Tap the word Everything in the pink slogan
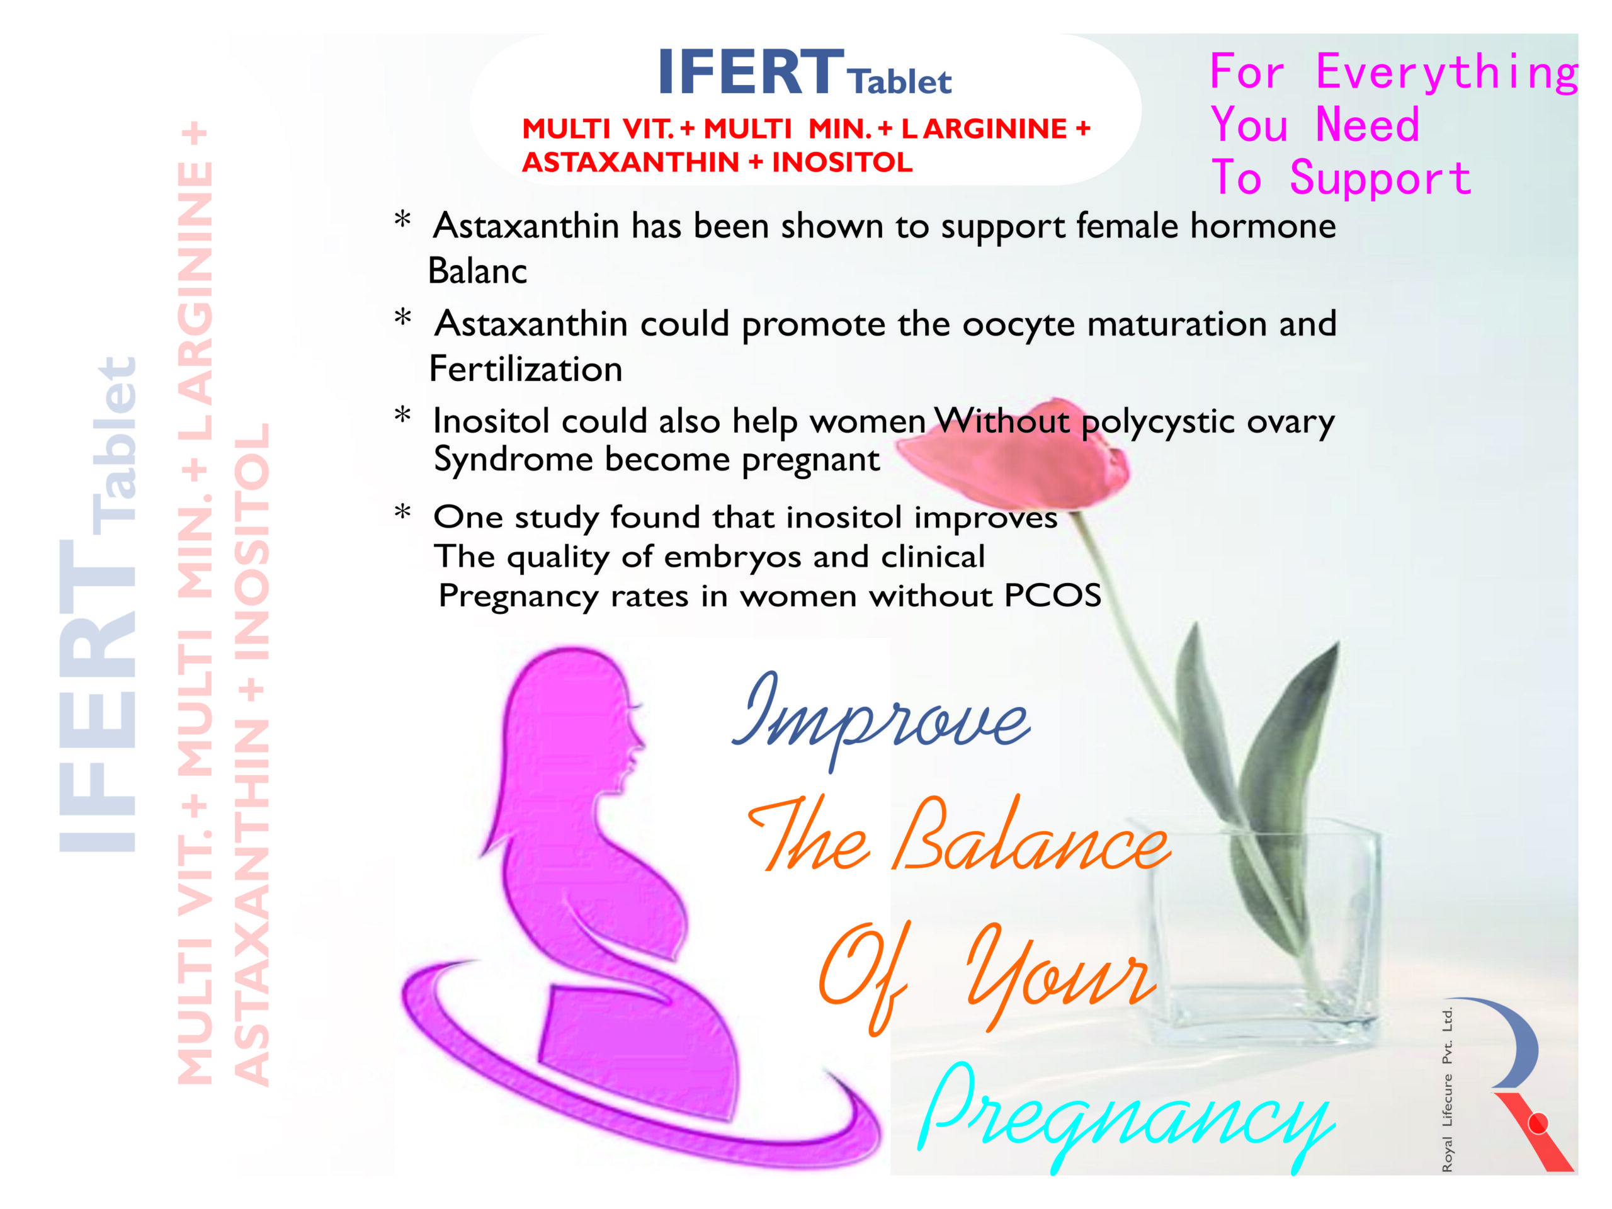(x=1446, y=73)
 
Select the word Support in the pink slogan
(x=1380, y=179)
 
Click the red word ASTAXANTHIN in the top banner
(x=630, y=162)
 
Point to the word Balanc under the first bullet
(x=477, y=271)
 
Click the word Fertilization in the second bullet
(x=525, y=369)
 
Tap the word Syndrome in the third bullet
(x=514, y=460)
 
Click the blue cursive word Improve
(x=881, y=722)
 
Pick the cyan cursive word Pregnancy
(x=1126, y=1115)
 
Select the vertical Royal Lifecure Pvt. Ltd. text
(x=1447, y=1089)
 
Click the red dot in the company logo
(x=1538, y=1124)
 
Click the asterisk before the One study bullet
(x=402, y=513)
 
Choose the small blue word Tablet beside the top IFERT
(x=900, y=82)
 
